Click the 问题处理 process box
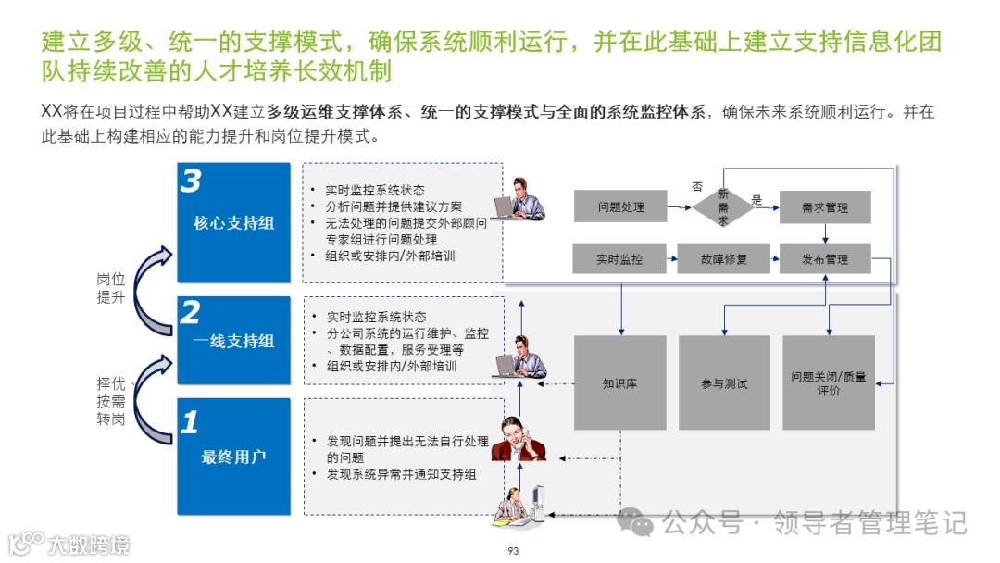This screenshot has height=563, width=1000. pos(620,207)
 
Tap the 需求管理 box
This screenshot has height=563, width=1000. pos(825,207)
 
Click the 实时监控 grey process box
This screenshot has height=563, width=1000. pos(619,259)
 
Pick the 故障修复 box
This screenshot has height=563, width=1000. pos(723,259)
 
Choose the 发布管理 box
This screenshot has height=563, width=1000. pos(825,259)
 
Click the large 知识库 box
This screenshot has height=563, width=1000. pos(620,382)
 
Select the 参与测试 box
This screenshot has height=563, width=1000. pos(724,382)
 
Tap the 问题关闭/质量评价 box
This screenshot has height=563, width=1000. pos(829,382)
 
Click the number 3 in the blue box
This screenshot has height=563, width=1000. pos(191,181)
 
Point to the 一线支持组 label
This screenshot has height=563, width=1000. pos(233,341)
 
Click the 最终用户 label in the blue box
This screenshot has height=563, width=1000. pos(233,457)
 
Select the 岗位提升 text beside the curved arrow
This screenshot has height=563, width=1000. pos(110,288)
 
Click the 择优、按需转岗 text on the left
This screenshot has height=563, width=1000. pos(111,401)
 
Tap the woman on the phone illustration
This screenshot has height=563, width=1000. pos(517,439)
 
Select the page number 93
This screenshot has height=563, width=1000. pos(514,551)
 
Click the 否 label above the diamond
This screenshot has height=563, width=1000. pos(697,187)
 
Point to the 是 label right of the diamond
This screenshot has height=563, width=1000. pos(756,200)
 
